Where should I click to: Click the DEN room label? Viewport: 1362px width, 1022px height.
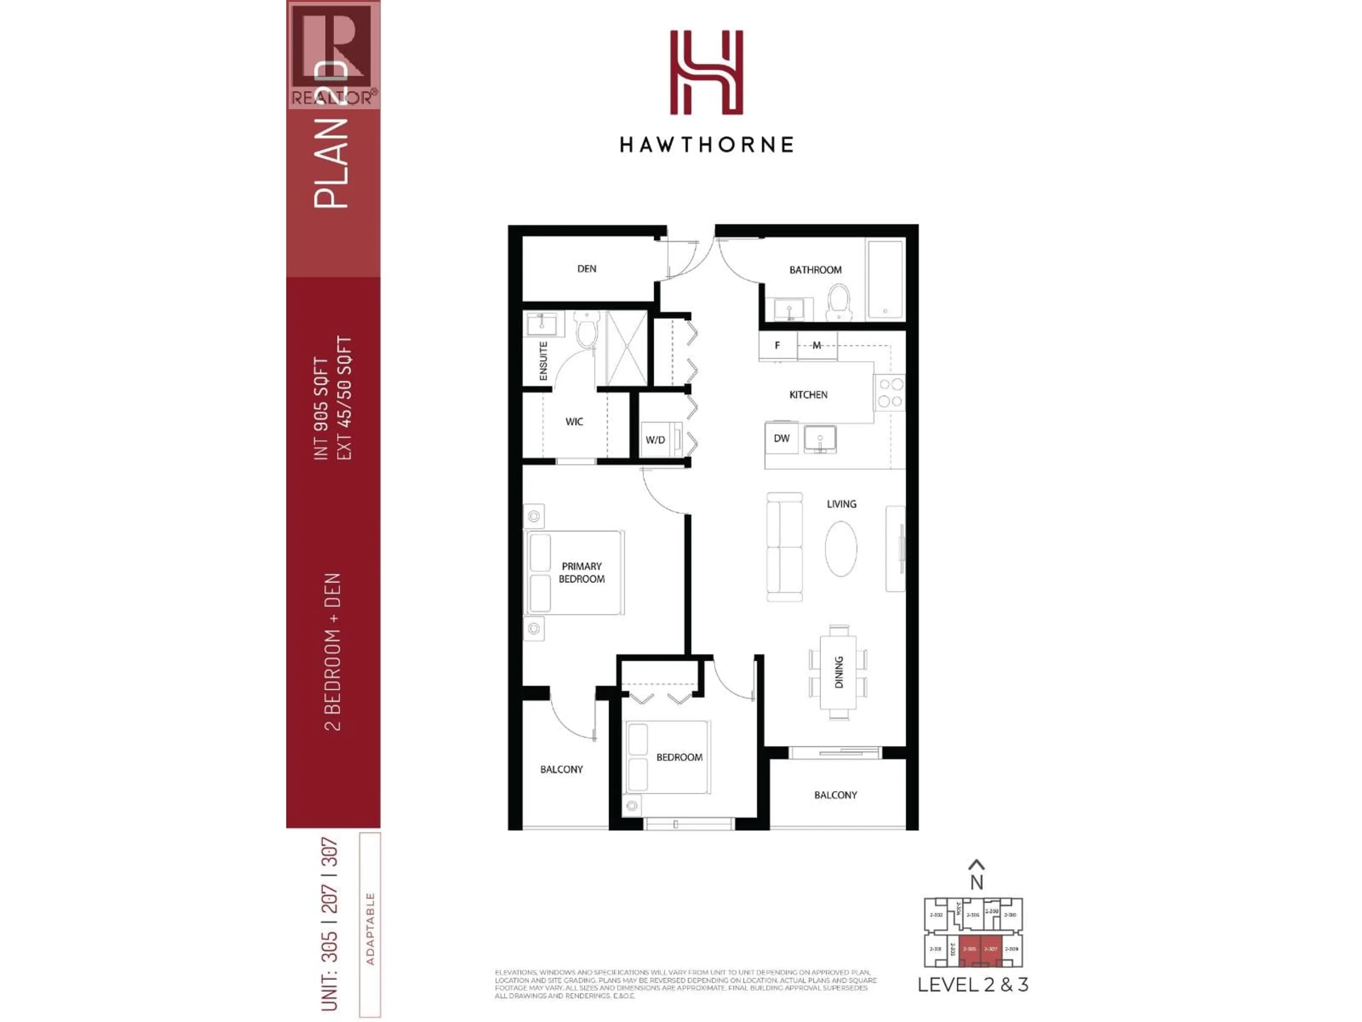[x=586, y=269]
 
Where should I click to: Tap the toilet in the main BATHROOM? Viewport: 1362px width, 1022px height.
[x=838, y=302]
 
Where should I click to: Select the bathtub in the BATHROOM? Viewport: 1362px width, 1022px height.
[x=885, y=279]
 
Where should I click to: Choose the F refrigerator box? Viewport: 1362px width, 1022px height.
[x=777, y=346]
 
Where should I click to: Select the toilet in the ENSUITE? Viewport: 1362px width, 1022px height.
[x=586, y=330]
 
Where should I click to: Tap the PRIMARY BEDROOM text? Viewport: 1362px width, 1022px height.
[x=581, y=572]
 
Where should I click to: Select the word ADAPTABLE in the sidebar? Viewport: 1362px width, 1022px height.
[x=370, y=928]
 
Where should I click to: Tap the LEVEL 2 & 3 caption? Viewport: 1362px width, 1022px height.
[x=973, y=984]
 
